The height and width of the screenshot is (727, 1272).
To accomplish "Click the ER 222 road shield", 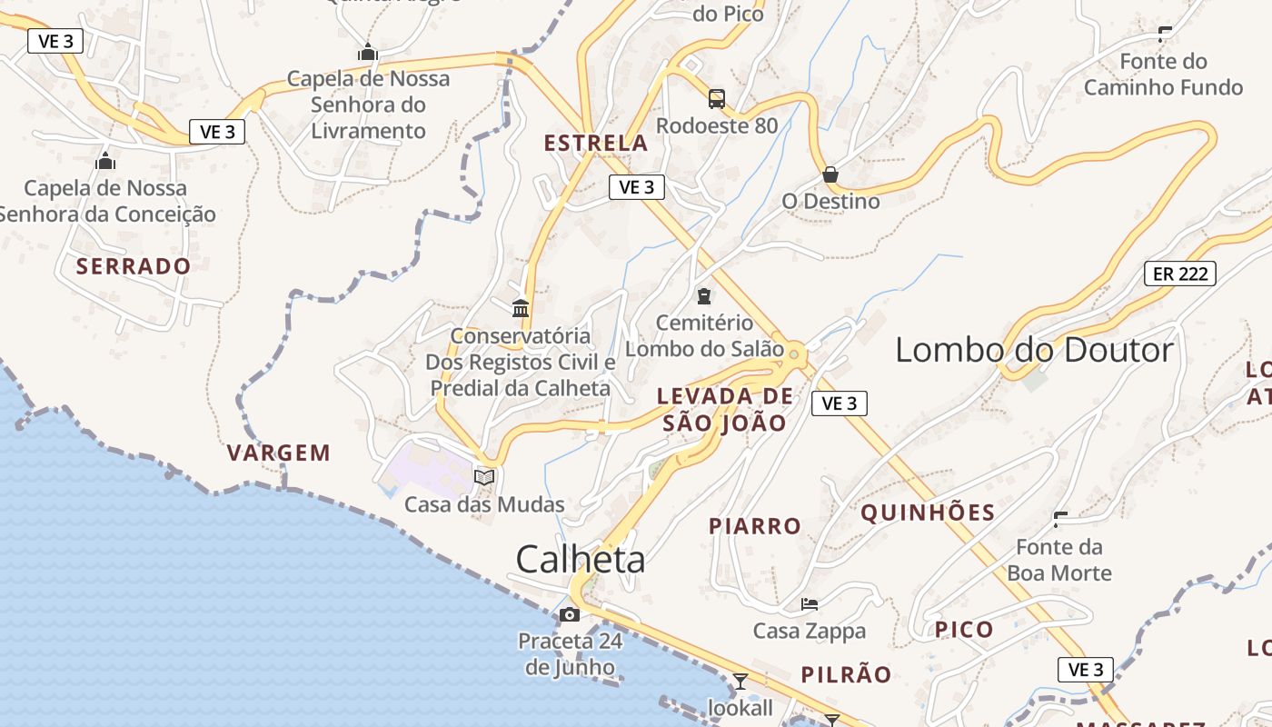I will [1179, 273].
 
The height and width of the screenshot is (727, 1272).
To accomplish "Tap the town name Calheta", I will [581, 560].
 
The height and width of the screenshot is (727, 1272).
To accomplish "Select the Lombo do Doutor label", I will [1034, 350].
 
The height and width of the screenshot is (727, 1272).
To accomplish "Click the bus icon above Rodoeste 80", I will [717, 98].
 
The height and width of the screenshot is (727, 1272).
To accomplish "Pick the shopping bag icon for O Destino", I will [830, 174].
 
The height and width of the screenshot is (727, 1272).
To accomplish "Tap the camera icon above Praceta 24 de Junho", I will [570, 615].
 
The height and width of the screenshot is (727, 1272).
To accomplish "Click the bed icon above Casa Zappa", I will [810, 604].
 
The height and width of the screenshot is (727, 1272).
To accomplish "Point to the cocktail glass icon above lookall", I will [740, 681].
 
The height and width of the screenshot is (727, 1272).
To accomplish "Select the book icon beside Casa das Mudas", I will [484, 477].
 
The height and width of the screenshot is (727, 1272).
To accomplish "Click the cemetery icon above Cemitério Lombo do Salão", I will [704, 295].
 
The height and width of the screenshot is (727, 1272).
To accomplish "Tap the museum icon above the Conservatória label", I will [521, 309].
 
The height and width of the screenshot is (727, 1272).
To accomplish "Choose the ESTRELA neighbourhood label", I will [596, 143].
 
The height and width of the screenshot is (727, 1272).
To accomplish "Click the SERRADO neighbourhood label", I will [134, 266].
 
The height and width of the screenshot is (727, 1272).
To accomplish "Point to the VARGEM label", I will [279, 453].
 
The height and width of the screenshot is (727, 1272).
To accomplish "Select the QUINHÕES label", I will [928, 513].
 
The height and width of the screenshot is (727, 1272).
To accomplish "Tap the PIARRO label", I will [755, 526].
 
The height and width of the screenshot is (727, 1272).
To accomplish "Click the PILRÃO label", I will [846, 674].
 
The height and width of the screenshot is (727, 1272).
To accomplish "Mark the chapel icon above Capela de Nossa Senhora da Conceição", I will [105, 162].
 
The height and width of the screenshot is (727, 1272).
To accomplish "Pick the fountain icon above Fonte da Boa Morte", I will [1059, 520].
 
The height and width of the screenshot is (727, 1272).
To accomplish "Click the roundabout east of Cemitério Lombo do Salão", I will [794, 354].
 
